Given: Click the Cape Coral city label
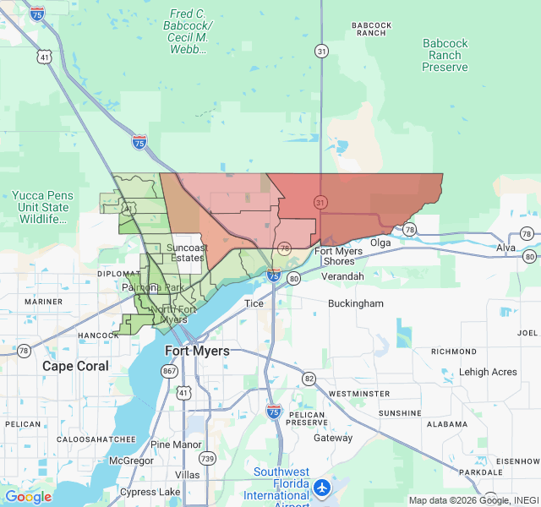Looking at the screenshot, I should (x=76, y=366).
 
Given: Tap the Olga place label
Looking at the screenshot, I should (x=380, y=243).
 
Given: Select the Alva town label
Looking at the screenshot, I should (x=505, y=248).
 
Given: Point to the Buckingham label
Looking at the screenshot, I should (x=355, y=303).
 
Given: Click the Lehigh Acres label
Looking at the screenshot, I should (x=488, y=372).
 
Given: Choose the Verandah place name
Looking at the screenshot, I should (x=342, y=276).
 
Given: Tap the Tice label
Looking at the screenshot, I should (x=254, y=303).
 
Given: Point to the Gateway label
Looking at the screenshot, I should (x=333, y=438).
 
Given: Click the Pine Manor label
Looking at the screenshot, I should (x=176, y=444).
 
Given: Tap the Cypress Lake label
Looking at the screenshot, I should (x=150, y=492).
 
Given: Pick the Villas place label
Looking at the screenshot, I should (x=187, y=475).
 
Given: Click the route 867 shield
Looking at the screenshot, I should (x=170, y=371).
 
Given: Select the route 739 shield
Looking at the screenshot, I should (x=207, y=457).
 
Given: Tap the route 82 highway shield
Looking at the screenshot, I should (x=309, y=378).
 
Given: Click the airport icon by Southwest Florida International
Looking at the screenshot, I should (x=322, y=488).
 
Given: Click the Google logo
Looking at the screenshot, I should (x=28, y=497).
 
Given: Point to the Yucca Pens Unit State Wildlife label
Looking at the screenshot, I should (x=42, y=207).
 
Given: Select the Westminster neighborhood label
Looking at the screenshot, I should (x=358, y=394).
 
